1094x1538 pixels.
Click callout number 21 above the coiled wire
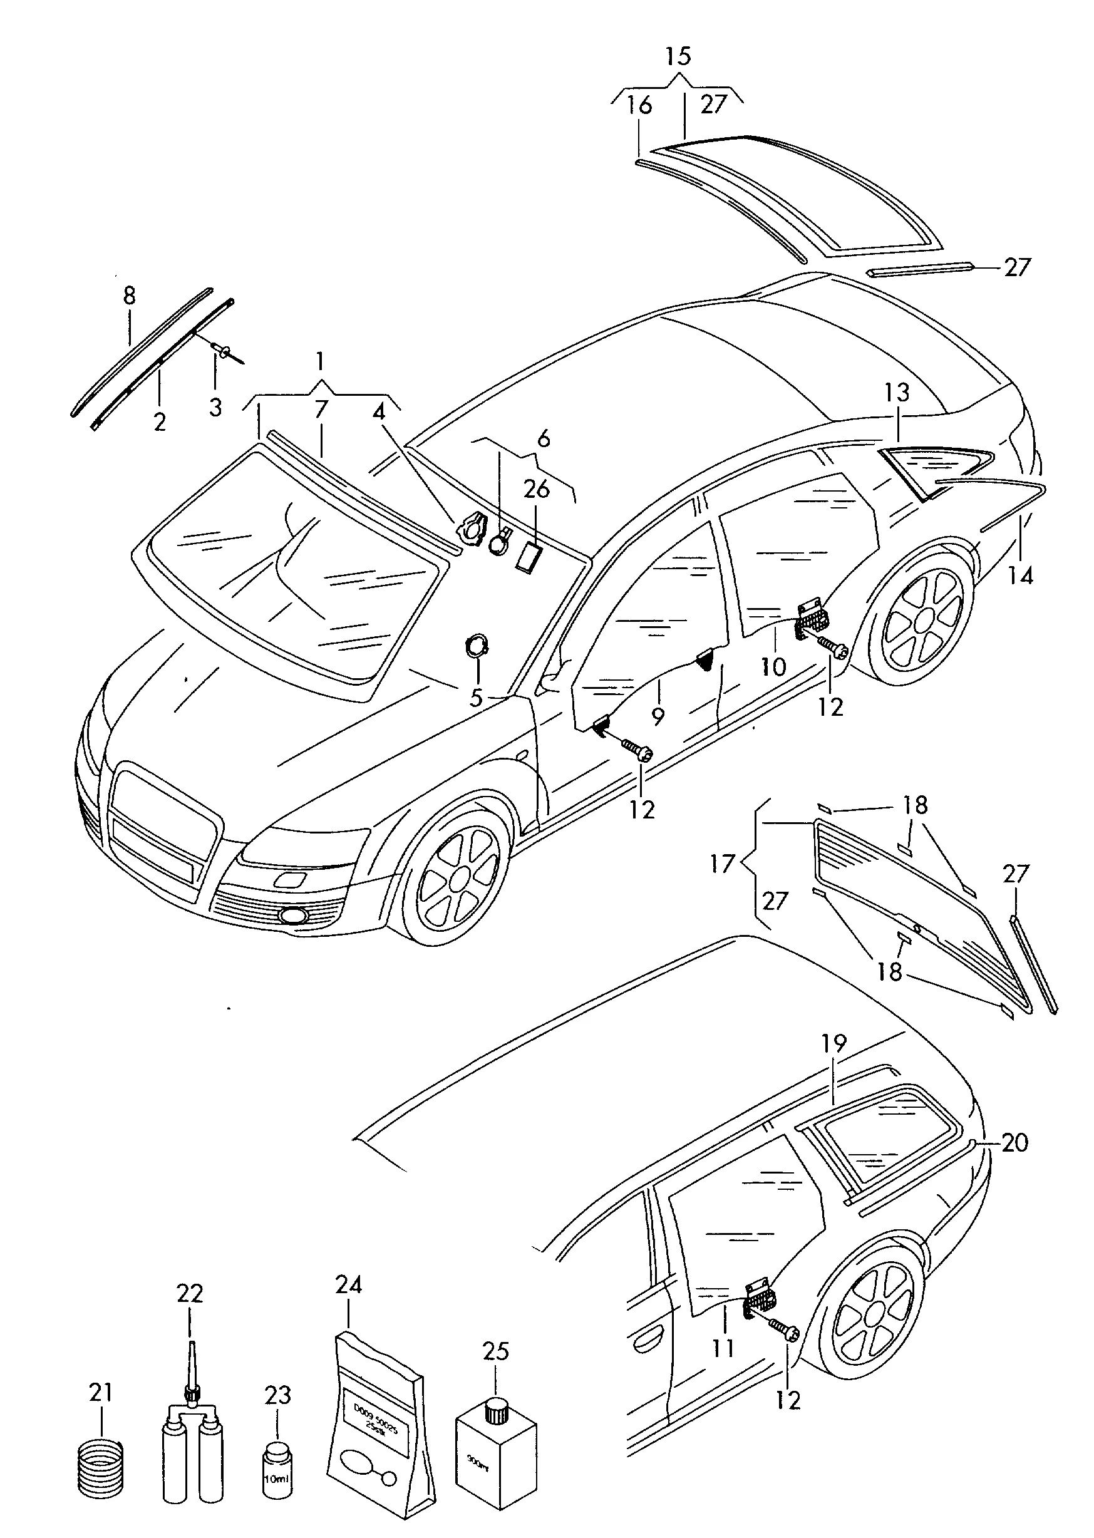point(100,1393)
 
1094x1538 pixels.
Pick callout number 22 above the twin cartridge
point(189,1293)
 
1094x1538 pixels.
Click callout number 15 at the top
point(678,56)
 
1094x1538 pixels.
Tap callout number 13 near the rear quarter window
point(897,392)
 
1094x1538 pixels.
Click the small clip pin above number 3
point(223,349)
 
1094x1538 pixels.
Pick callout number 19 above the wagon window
point(834,1043)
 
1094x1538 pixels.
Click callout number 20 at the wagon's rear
point(1014,1143)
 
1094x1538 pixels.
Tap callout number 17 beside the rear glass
point(721,863)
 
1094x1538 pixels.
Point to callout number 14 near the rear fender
point(1021,575)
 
